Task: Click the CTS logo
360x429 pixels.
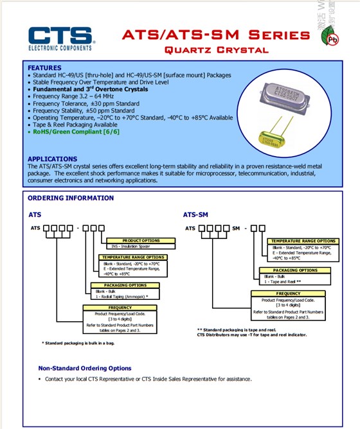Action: [62, 39]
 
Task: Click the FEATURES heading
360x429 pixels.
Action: [45, 67]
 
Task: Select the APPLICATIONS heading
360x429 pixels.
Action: [52, 159]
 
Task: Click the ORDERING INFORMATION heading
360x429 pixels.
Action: [71, 198]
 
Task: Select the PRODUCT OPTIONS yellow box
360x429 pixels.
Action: [140, 240]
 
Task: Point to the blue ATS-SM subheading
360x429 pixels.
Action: [195, 215]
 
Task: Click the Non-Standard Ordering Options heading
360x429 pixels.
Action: [85, 369]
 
